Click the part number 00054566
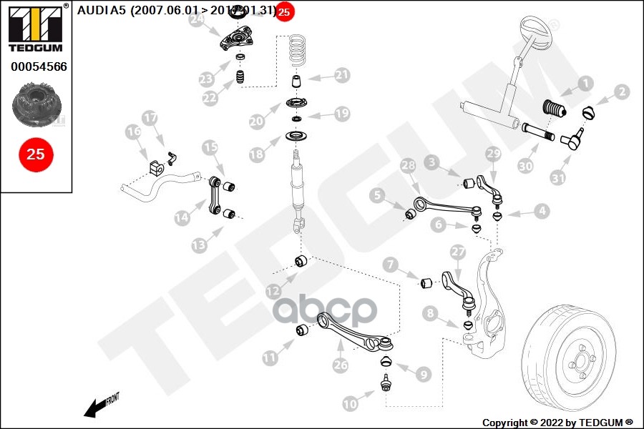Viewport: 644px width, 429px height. pyautogui.click(x=39, y=66)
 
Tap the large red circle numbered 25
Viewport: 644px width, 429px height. pyautogui.click(x=36, y=154)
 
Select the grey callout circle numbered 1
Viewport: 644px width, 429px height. pyautogui.click(x=587, y=83)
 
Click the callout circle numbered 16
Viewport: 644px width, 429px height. pyautogui.click(x=133, y=132)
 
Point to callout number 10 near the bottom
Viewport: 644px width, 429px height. pyautogui.click(x=350, y=404)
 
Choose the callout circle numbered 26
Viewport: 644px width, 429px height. pyautogui.click(x=340, y=365)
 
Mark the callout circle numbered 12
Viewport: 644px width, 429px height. pyautogui.click(x=273, y=291)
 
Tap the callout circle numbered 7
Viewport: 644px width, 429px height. pyautogui.click(x=390, y=265)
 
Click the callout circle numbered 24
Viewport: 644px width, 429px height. pyautogui.click(x=197, y=21)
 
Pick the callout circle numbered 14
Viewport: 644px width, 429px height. pyautogui.click(x=182, y=216)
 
